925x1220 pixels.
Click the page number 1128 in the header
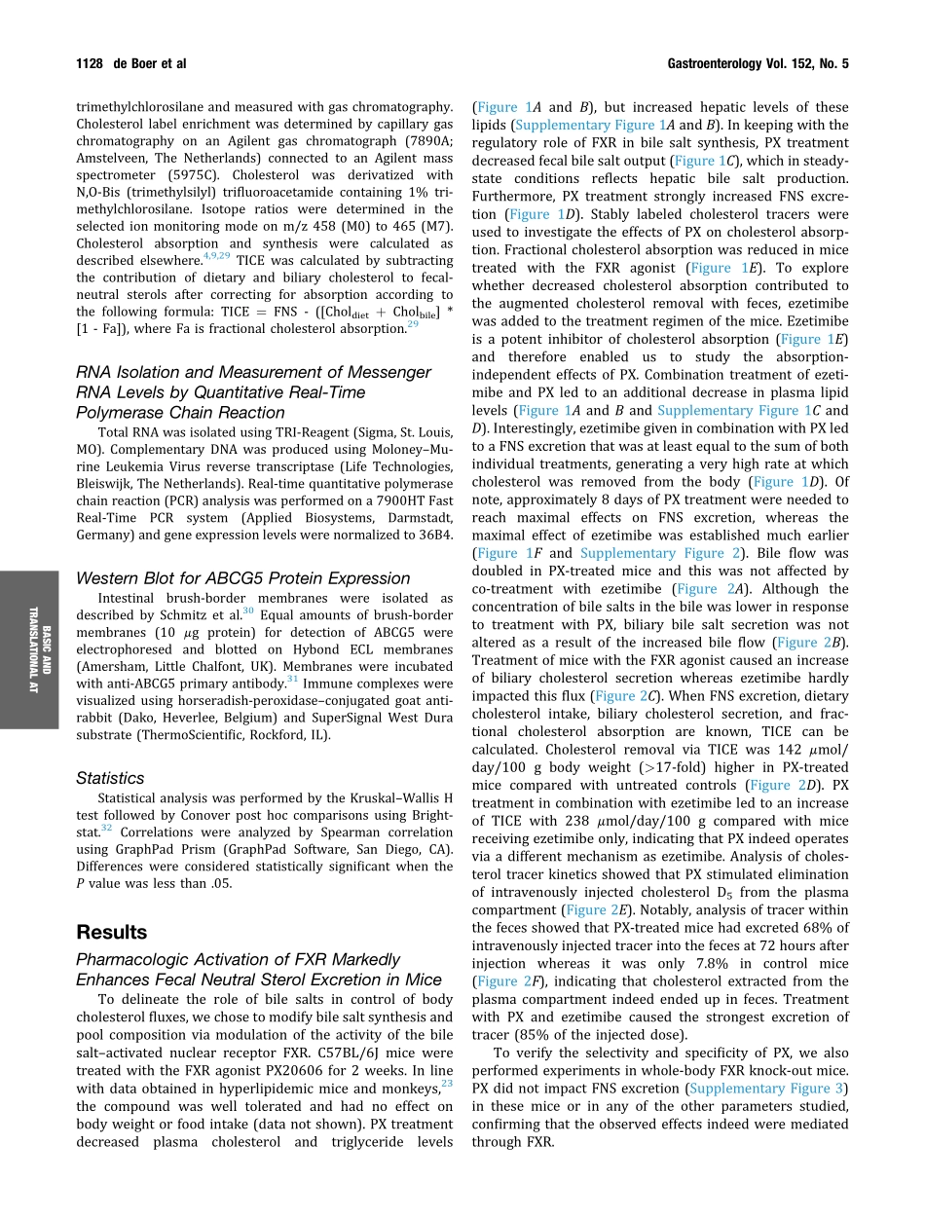point(94,64)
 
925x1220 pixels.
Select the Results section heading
point(112,933)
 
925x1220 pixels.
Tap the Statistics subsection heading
point(110,778)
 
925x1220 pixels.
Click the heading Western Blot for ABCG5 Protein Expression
point(242,578)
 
